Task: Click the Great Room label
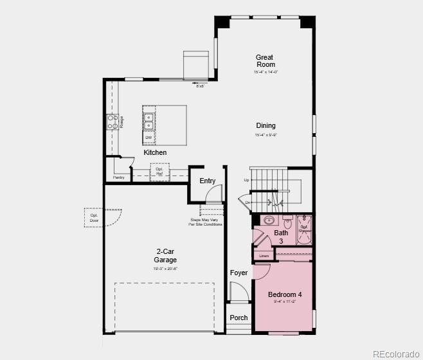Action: tap(265, 61)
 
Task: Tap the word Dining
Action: tap(265, 126)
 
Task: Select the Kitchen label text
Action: tap(155, 152)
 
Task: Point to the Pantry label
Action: tap(118, 177)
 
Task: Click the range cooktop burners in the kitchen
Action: tap(113, 122)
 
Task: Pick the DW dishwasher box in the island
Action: tap(148, 137)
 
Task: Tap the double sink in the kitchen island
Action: tap(148, 121)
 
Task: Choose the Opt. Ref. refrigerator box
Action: tap(159, 172)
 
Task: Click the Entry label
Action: tap(207, 181)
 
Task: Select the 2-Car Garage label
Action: tap(166, 256)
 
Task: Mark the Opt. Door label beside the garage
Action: tap(94, 218)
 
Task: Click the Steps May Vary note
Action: tap(206, 222)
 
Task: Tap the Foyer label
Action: tap(239, 273)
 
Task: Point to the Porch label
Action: tap(239, 318)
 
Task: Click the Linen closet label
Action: tap(264, 256)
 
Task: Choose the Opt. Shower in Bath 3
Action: tap(305, 228)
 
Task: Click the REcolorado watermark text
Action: tap(396, 353)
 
